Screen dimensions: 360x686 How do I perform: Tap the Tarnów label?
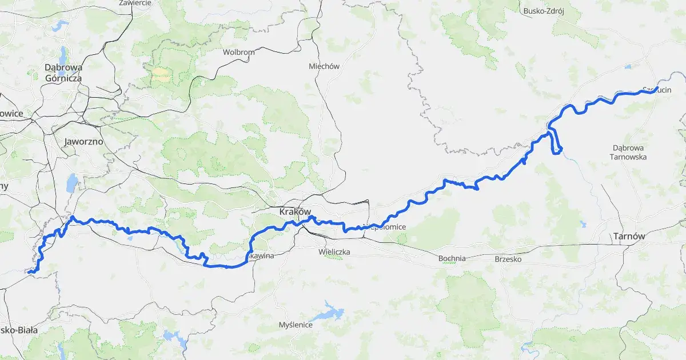628,236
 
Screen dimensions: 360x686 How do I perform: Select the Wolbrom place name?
238,52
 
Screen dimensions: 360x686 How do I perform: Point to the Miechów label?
324,66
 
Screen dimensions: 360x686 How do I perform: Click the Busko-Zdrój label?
544,10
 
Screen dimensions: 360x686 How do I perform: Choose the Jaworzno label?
83,141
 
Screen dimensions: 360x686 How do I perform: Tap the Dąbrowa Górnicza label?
63,73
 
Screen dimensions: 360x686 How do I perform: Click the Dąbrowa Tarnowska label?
628,152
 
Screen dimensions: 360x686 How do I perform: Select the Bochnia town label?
452,258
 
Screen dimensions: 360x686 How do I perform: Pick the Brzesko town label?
508,258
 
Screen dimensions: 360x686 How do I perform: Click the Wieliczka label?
334,251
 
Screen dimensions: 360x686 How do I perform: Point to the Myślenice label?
296,325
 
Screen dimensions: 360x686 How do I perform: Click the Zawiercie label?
135,3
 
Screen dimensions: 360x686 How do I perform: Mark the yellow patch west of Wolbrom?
160,73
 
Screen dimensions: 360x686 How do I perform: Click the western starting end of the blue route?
29,273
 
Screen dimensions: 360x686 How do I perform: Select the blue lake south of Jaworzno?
72,183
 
